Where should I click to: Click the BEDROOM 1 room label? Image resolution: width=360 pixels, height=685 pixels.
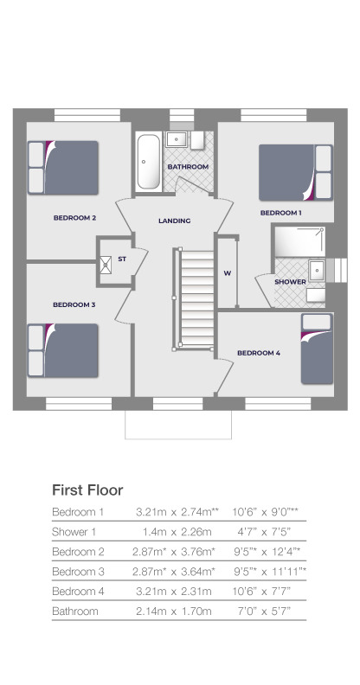281,212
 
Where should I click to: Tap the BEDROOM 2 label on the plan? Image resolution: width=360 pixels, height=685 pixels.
74,217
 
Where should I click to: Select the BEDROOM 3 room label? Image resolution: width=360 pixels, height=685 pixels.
74,304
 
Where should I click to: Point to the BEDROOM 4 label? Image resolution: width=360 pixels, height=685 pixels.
259,352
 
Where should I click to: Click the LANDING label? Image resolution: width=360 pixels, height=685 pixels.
174,221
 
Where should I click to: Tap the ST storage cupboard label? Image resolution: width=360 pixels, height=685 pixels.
123,259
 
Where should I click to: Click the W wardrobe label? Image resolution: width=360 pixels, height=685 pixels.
228,273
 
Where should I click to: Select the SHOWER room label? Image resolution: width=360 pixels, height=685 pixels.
289,282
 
